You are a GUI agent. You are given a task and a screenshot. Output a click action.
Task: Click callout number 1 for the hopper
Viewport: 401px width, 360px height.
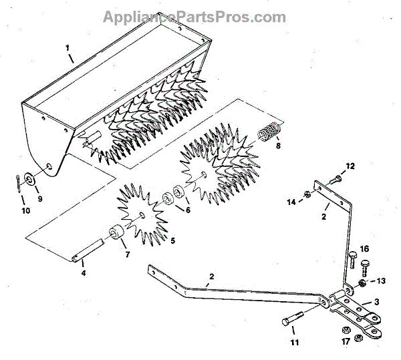pyautogui.click(x=68, y=47)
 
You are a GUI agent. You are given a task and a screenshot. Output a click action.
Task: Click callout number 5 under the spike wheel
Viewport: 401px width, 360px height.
pyautogui.click(x=172, y=240)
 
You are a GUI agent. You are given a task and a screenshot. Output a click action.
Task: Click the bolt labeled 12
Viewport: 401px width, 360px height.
pyautogui.click(x=336, y=178)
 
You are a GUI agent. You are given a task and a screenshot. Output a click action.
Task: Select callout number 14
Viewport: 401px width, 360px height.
pyautogui.click(x=291, y=201)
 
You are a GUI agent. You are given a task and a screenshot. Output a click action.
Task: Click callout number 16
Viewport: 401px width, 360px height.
pyautogui.click(x=364, y=248)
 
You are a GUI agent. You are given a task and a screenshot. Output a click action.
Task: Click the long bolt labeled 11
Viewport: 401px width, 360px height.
pyautogui.click(x=294, y=319)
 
